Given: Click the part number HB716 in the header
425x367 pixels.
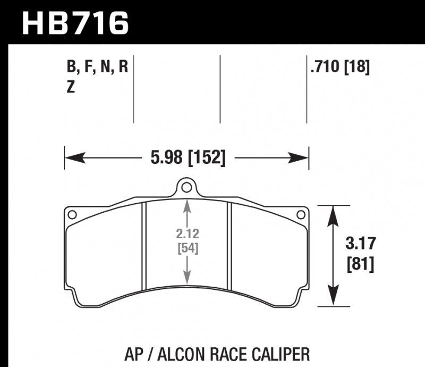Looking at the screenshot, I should point(75,23).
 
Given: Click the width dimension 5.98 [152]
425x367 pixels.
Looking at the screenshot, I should point(187,157).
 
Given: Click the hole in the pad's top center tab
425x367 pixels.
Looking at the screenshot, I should point(185,187).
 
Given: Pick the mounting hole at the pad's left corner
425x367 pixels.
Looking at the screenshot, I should point(72,214).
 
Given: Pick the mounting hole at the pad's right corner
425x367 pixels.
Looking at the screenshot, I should point(300,214).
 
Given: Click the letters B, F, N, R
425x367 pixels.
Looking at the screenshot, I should point(97,68).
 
